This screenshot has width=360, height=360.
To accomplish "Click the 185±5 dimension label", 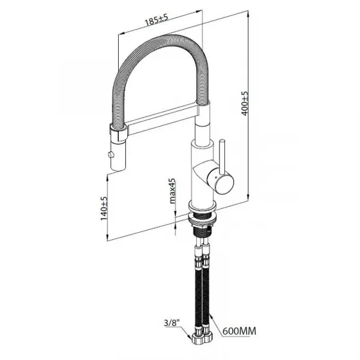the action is click(157, 20).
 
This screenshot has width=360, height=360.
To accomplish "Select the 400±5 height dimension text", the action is click(245, 103).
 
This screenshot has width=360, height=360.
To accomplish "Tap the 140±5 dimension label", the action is click(104, 208).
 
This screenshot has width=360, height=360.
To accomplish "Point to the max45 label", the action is click(172, 191).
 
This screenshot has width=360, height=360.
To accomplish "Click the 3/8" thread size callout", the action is click(172, 323).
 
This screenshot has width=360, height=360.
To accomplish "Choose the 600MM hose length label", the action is click(239, 331).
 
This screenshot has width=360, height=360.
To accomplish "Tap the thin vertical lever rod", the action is click(222, 157).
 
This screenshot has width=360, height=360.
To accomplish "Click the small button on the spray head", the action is click(111, 154).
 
